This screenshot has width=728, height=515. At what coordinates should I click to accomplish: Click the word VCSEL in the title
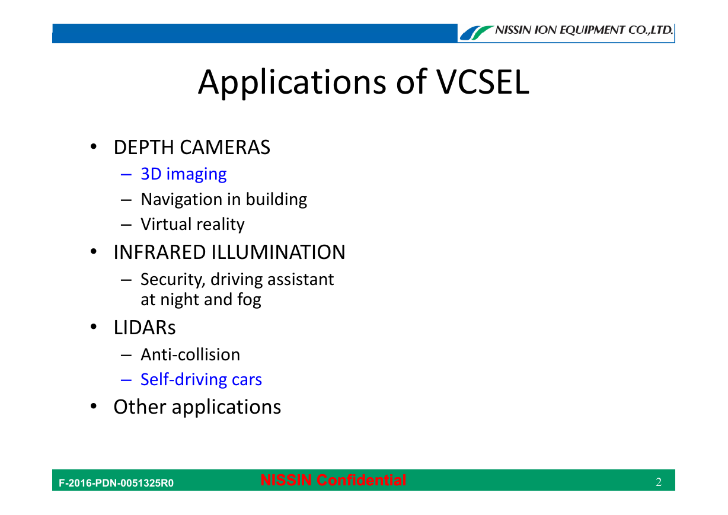(483, 82)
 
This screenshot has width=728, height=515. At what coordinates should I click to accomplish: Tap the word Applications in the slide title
(292, 83)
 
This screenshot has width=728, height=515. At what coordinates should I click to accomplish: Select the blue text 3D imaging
(184, 174)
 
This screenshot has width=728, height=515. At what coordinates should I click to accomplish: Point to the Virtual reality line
(193, 225)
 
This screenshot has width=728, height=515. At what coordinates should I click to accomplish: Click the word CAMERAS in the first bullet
(225, 147)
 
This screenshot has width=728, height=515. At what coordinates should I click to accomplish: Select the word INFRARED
(159, 252)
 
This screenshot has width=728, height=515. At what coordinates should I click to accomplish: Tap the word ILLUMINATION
(278, 252)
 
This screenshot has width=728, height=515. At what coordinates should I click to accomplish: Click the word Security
(173, 280)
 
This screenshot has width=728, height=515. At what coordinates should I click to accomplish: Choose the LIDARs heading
(145, 328)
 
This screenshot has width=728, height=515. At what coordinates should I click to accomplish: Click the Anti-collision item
(190, 354)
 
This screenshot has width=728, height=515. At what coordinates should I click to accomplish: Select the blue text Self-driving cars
(201, 379)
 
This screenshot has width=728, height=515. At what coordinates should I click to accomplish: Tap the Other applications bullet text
(197, 407)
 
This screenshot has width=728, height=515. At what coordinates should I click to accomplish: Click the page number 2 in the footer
(659, 482)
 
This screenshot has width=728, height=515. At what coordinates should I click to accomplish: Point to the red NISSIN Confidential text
(333, 480)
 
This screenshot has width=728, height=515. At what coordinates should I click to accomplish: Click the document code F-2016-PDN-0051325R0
(116, 483)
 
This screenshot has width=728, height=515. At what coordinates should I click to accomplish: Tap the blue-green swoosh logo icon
(477, 33)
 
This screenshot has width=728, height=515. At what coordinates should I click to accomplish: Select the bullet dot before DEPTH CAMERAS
(94, 146)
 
